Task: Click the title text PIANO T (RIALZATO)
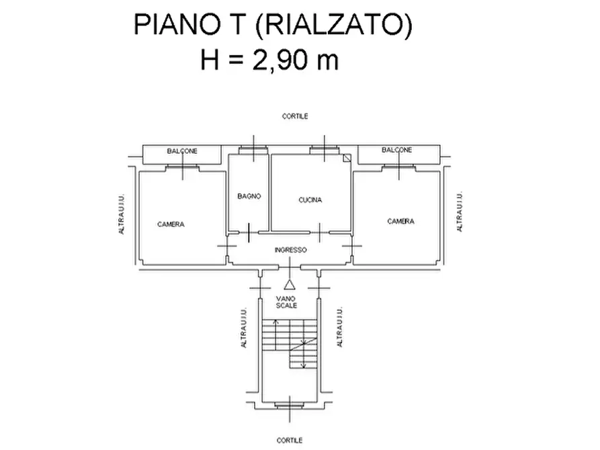point(272,26)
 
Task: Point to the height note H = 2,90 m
point(269,60)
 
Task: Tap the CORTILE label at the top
point(295,116)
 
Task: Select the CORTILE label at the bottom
point(290,441)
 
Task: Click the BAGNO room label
point(249,197)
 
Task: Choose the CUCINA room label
point(310,199)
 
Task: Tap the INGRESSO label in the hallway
point(291,250)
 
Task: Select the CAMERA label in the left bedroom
point(171,224)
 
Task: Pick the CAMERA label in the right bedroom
point(400,221)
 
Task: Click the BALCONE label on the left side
point(182,152)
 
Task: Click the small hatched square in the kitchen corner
point(346,159)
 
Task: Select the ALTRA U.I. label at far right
point(460,212)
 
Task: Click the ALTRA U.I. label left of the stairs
point(243,328)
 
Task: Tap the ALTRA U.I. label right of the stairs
point(339,328)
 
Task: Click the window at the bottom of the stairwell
point(289,405)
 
